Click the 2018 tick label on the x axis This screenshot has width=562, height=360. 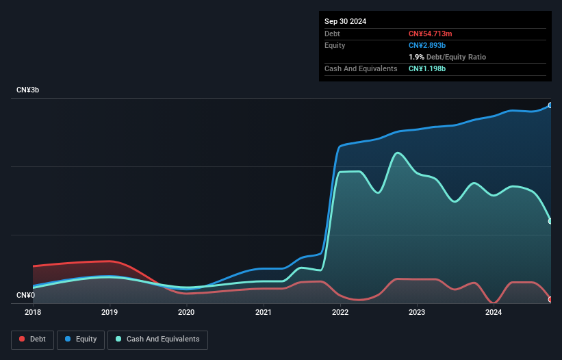click(33, 313)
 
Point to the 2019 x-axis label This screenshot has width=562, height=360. click(110, 313)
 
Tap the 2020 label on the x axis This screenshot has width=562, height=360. click(186, 313)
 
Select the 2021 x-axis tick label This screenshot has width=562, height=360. click(264, 313)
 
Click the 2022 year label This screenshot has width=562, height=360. click(340, 313)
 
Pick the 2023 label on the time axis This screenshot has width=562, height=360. click(417, 313)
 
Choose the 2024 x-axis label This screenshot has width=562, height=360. click(494, 313)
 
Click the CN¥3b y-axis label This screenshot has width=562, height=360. click(28, 90)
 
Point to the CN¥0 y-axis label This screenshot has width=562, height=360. click(25, 296)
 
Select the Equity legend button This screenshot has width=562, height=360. click(81, 339)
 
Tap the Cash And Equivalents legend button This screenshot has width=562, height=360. click(157, 339)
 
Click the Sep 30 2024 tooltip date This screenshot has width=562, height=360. click(346, 21)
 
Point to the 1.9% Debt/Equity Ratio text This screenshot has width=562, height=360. click(448, 57)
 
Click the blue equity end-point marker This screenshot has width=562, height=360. click(550, 105)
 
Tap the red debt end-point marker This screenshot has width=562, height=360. click(550, 300)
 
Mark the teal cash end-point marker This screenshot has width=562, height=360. click(550, 221)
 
